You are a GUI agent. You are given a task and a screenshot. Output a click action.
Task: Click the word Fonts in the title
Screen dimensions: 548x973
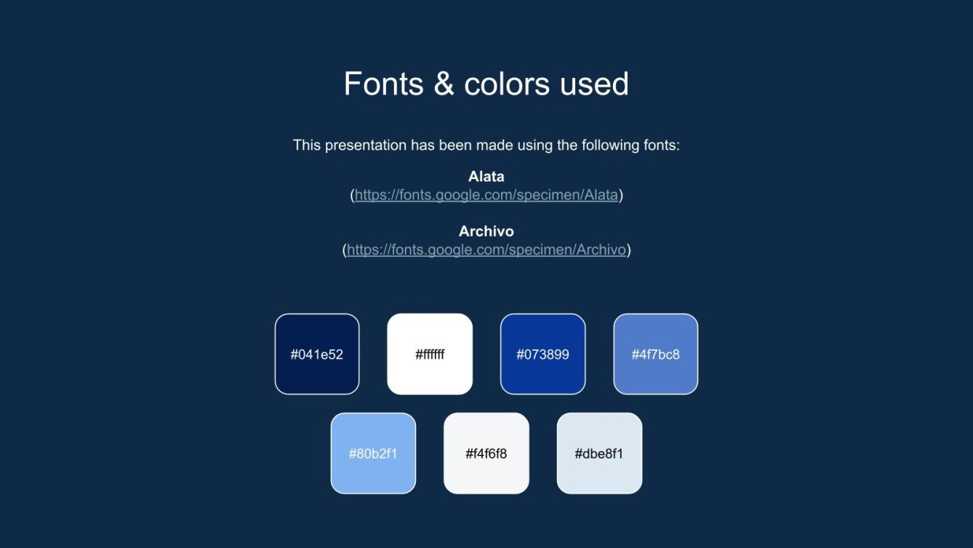point(383,84)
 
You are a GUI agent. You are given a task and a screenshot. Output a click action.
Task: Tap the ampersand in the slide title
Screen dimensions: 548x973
point(443,84)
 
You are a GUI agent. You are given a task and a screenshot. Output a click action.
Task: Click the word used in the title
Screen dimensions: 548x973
point(594,84)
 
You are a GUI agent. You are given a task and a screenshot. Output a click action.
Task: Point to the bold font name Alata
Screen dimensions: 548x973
point(486,176)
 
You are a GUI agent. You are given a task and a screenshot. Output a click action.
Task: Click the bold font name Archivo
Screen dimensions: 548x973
point(486,231)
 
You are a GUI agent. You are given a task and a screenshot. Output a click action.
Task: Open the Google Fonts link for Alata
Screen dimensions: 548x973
point(486,195)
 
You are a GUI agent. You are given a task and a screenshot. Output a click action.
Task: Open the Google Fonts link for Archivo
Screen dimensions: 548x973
point(486,250)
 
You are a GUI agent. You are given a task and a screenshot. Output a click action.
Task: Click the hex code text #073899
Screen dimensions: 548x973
point(542,355)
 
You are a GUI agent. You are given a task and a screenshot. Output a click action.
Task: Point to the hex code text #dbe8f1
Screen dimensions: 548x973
point(599,454)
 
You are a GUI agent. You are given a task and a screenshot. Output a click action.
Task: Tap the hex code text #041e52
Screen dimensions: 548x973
point(317,355)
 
